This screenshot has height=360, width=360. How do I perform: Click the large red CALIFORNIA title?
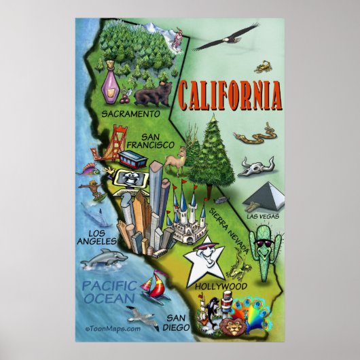click(230, 96)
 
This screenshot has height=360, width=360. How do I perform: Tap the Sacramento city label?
click(131, 113)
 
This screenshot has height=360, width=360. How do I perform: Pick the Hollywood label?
click(221, 286)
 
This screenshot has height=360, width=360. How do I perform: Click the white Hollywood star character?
click(205, 258)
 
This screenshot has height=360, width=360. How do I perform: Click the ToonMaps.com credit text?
click(113, 328)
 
